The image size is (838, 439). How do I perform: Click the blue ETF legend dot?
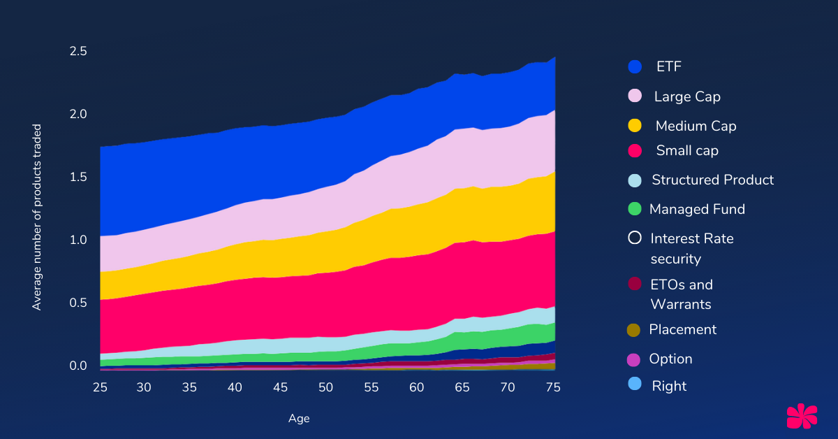click(635, 67)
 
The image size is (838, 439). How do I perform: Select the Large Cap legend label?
click(687, 96)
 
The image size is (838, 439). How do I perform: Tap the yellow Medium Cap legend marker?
click(635, 126)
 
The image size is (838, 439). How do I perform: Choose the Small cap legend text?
click(687, 150)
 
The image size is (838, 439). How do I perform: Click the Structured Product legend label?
click(712, 180)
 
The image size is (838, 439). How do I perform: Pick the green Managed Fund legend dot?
click(635, 209)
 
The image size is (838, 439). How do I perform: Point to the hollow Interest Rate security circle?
click(635, 238)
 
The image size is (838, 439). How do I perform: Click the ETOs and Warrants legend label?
click(682, 294)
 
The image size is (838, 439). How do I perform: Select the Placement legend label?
click(682, 329)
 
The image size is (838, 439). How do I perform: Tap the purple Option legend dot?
click(635, 359)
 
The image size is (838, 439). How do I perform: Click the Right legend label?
click(669, 386)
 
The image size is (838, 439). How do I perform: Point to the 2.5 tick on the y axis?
click(78, 51)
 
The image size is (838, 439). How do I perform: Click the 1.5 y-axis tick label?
click(78, 177)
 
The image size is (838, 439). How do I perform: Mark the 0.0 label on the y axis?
click(78, 366)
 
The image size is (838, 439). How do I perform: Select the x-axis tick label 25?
click(101, 387)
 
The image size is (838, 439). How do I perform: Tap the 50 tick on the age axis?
click(325, 387)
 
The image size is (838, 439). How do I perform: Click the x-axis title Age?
click(299, 419)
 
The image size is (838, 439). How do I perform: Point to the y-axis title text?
click(37, 217)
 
